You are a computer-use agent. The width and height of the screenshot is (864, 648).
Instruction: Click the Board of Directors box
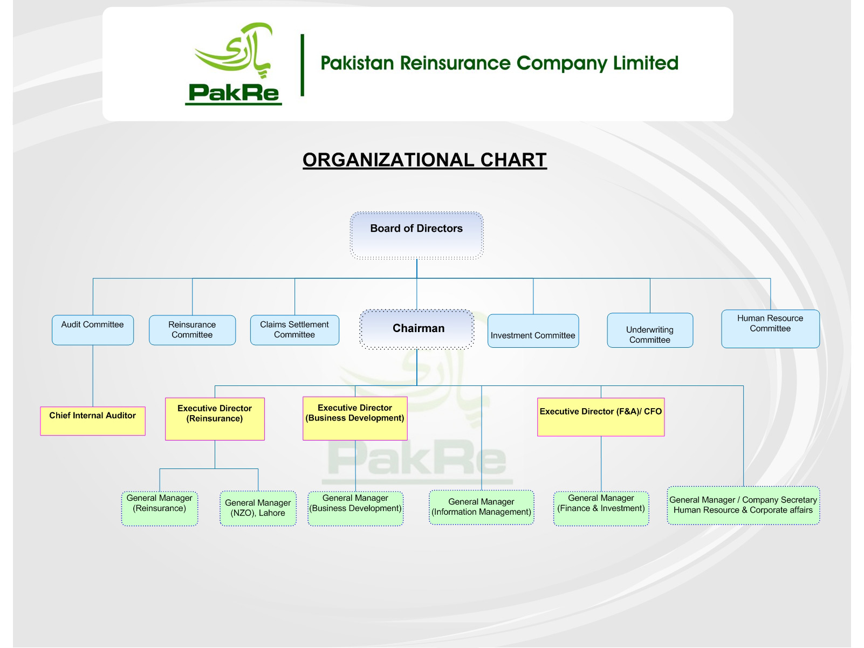(x=416, y=236)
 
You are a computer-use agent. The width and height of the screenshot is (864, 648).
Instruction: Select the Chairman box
(x=417, y=329)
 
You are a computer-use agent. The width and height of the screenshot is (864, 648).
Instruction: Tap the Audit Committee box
(x=93, y=330)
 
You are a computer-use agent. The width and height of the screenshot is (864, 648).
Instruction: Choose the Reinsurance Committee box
(x=192, y=330)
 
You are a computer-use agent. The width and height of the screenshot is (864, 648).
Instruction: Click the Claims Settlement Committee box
(x=294, y=330)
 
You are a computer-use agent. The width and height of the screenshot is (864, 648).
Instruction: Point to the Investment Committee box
(x=533, y=331)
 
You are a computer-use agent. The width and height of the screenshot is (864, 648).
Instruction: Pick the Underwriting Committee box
(x=650, y=330)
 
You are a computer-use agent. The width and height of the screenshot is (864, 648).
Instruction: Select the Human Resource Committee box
(x=770, y=329)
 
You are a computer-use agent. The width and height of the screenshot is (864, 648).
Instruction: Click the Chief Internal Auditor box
(x=93, y=421)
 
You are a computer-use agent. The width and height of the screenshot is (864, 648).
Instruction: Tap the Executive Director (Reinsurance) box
(x=215, y=419)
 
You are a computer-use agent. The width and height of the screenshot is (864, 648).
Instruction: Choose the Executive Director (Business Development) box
(x=355, y=419)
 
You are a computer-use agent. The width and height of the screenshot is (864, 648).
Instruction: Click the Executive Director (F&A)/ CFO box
(x=601, y=417)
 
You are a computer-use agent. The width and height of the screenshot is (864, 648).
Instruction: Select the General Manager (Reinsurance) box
(x=160, y=508)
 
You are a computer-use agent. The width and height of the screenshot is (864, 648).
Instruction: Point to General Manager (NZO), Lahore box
(x=258, y=508)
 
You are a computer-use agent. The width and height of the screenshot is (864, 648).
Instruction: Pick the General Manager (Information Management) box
(x=482, y=507)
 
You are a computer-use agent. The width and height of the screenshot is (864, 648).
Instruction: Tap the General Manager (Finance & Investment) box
(x=601, y=508)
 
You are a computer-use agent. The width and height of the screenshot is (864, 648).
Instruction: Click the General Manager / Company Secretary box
(x=743, y=506)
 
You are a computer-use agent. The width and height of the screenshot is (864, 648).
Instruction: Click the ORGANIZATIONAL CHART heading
(x=424, y=160)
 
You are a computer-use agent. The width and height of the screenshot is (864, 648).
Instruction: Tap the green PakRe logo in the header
(x=234, y=64)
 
